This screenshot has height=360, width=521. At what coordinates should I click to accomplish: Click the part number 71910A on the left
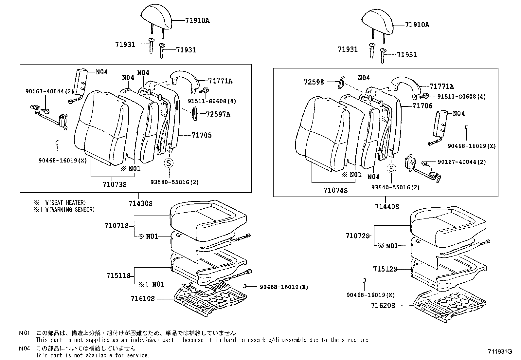pos(197,21)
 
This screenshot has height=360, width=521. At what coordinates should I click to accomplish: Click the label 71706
pos(422,106)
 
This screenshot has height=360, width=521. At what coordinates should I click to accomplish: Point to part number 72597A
pos(218,114)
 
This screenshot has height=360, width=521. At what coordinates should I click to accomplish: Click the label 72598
pos(314,82)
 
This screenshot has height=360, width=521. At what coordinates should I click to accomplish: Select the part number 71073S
pos(115,184)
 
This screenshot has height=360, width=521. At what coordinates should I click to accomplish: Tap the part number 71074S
pos(336,190)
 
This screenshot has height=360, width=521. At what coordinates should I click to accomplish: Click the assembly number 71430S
pos(140,203)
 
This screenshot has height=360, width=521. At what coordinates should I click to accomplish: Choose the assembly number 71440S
pos(387,207)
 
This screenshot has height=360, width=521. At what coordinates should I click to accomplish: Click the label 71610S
pos(142,299)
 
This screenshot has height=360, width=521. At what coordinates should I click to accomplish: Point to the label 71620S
pos(383,306)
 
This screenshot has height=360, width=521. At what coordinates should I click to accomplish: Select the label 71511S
pos(118,275)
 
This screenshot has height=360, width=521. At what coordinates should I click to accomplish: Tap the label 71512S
pos(385,269)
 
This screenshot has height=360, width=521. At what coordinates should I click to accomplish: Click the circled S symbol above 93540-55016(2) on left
pos(168,163)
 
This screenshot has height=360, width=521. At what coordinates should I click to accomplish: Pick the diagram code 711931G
pos(499,352)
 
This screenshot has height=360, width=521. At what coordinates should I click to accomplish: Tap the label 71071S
pos(117,226)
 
